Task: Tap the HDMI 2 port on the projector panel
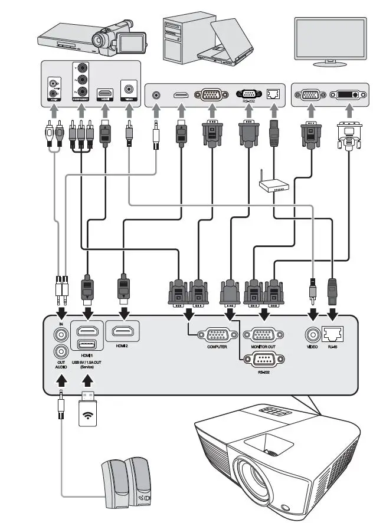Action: pyautogui.click(x=122, y=331)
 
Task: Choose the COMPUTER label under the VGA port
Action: pyautogui.click(x=217, y=347)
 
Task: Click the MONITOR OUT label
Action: pyautogui.click(x=263, y=347)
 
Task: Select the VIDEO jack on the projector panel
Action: pyautogui.click(x=312, y=334)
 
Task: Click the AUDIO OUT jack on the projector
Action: pyautogui.click(x=61, y=352)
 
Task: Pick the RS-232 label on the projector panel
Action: pyautogui.click(x=263, y=373)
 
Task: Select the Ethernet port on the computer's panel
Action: pyautogui.click(x=273, y=94)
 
